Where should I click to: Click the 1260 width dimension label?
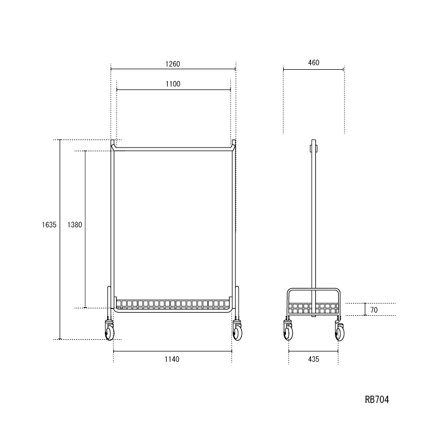[x=173, y=64]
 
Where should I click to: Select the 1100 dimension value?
[x=173, y=84]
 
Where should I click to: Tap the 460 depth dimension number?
[x=314, y=63]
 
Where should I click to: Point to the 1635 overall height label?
[x=49, y=225]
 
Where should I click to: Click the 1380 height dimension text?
[x=75, y=225]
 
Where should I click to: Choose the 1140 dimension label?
[x=172, y=359]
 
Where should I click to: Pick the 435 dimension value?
[x=314, y=359]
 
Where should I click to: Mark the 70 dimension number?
[x=374, y=309]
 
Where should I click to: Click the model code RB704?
[x=377, y=399]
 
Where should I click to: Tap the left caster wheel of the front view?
[x=110, y=332]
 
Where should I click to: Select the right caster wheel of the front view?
[x=237, y=332]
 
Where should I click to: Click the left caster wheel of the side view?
[x=288, y=332]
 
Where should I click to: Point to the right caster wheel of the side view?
[x=339, y=332]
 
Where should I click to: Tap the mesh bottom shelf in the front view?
[x=173, y=305]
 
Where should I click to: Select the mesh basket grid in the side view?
[x=313, y=308]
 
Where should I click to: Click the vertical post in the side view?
[x=314, y=224]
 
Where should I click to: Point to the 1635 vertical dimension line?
[x=60, y=266]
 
